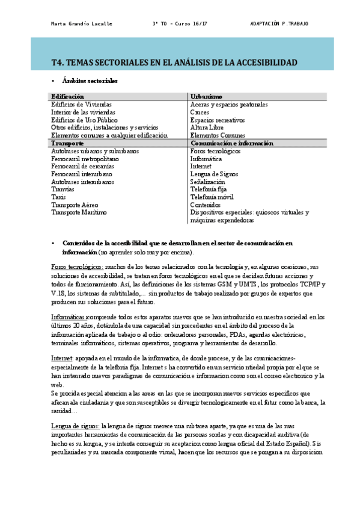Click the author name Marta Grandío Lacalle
click(81, 23)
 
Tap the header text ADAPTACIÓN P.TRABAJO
click(279, 23)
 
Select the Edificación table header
click(67, 96)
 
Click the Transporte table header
click(67, 144)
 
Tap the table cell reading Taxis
click(58, 197)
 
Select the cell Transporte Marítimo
click(78, 212)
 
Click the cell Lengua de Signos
click(216, 174)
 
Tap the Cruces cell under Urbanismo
click(200, 112)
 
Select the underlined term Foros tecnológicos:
click(77, 266)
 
